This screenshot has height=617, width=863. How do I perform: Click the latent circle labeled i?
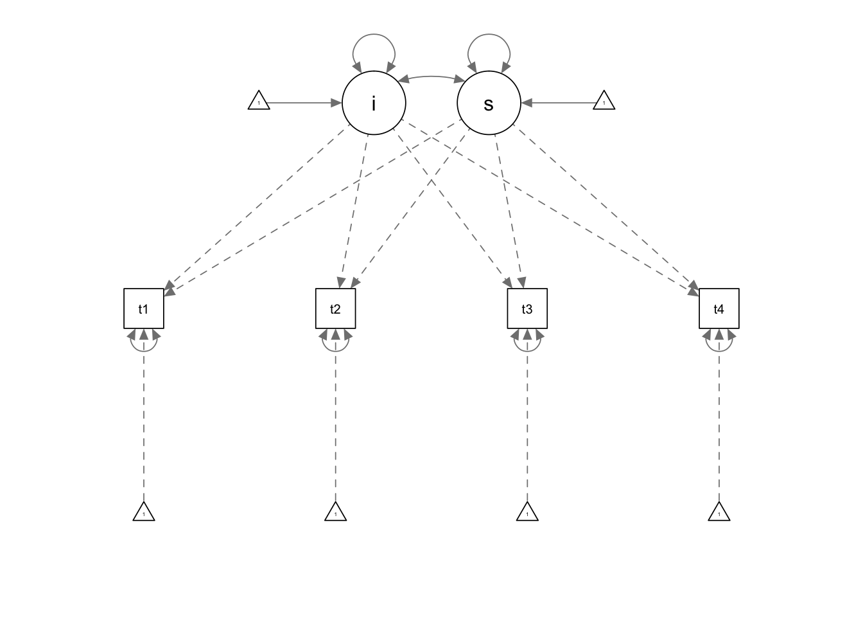point(374,103)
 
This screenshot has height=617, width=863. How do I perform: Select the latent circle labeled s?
point(489,103)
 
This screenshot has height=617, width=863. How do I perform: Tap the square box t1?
point(144,308)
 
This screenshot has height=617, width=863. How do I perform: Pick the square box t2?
point(336,308)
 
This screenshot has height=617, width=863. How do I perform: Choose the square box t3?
point(527,308)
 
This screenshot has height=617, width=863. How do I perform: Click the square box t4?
point(719,308)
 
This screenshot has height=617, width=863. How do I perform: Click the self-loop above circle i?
point(374,34)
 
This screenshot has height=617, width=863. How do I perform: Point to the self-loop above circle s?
point(489,34)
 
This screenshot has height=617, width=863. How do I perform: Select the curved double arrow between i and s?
point(431,76)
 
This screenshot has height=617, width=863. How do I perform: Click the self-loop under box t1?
point(144,352)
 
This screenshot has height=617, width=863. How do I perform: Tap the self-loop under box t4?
point(719,352)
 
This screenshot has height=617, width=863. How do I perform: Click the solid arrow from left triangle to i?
point(304,103)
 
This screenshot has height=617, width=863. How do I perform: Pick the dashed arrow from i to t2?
point(354,211)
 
